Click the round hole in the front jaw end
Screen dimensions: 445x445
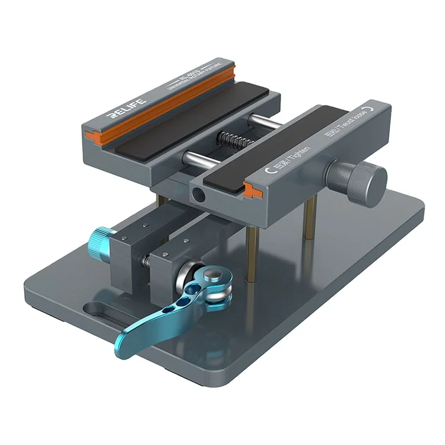click(x=198, y=195)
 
